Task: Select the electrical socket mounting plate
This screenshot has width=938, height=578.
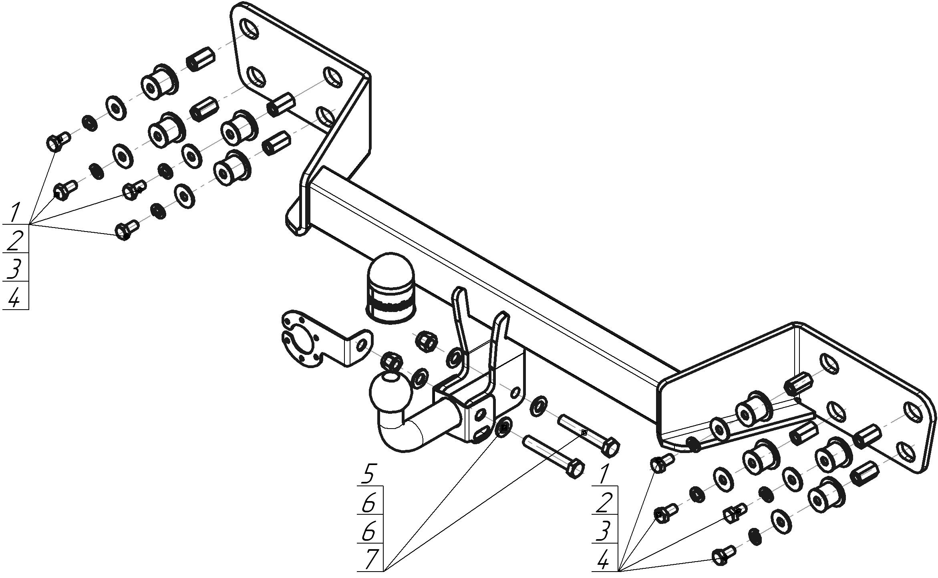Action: pyautogui.click(x=316, y=339)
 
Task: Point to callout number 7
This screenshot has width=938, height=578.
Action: pyautogui.click(x=370, y=559)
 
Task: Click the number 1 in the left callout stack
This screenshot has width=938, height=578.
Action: pyautogui.click(x=15, y=212)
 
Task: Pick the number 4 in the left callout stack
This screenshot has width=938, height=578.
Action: pyautogui.click(x=14, y=298)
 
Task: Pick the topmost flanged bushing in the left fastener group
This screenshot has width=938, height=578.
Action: pyautogui.click(x=159, y=82)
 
